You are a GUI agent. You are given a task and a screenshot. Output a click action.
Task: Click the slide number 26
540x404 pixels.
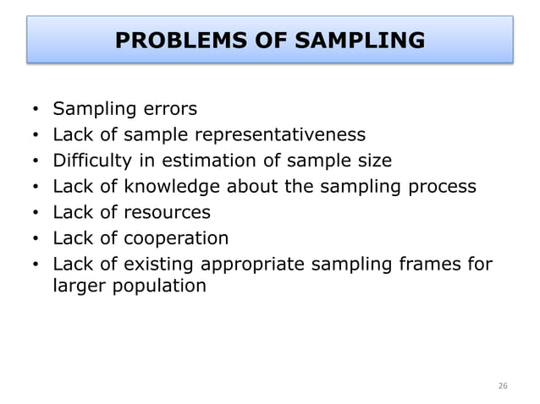[x=503, y=386]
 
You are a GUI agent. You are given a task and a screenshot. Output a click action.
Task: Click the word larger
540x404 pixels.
[x=76, y=286]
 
